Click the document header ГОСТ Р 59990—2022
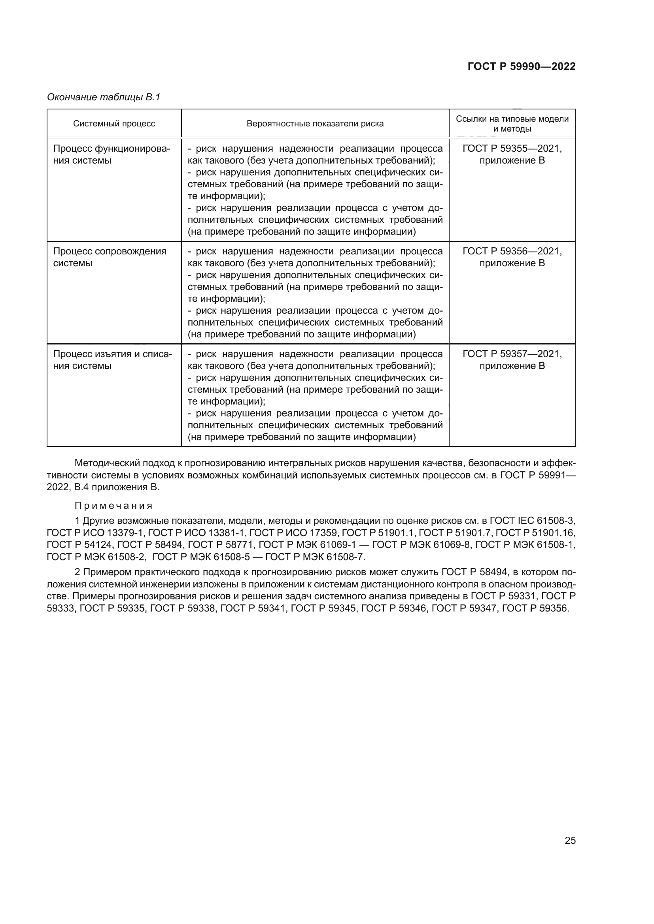tap(522, 66)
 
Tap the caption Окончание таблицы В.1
tap(104, 97)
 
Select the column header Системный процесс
tap(114, 124)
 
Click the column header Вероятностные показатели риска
tap(315, 124)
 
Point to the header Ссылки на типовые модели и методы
tap(512, 124)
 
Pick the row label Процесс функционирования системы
tap(112, 154)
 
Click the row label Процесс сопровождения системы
tap(110, 257)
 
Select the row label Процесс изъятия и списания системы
tap(112, 360)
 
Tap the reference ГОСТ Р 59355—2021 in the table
tap(512, 149)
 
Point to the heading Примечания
tap(113, 506)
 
